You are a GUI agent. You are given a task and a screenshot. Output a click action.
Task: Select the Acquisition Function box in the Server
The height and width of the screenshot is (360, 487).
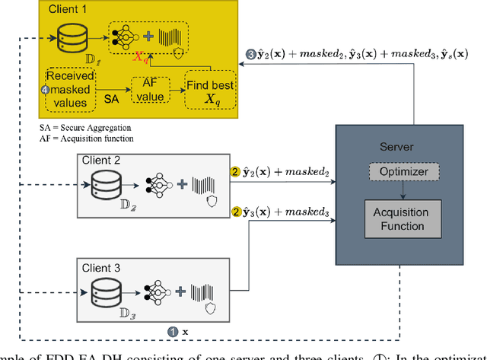coord(400,218)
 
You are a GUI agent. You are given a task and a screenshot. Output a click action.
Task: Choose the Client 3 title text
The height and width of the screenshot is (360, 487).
coord(103,268)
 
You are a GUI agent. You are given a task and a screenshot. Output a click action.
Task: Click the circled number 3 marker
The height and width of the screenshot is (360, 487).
coord(252,54)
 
